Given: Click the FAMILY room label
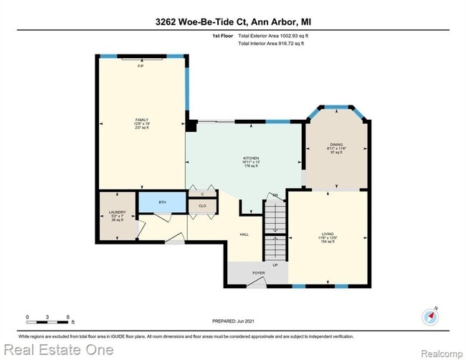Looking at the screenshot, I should click(x=141, y=120).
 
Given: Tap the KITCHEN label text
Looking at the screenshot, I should click(x=251, y=158).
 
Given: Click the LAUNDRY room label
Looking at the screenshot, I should click(x=117, y=212).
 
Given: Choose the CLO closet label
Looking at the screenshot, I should click(x=203, y=206).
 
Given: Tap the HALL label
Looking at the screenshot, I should click(x=244, y=234).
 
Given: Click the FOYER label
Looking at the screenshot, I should click(x=259, y=273).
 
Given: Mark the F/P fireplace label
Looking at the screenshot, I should click(x=141, y=66).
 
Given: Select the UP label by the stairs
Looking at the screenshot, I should click(x=275, y=265).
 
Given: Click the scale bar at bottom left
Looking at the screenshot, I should click(x=47, y=316).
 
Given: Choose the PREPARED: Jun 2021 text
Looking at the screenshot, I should click(x=234, y=321).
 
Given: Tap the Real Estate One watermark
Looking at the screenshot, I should click(x=57, y=350).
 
